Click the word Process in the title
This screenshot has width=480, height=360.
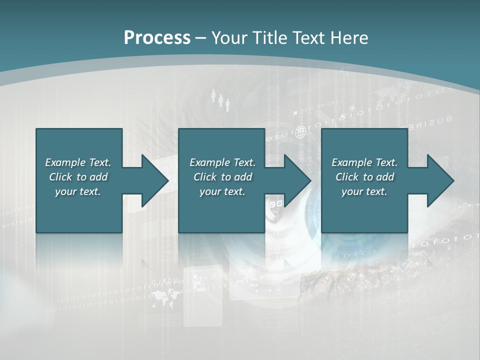click(x=157, y=37)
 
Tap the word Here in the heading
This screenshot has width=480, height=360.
click(x=349, y=37)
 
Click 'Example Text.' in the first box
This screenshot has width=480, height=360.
click(x=78, y=162)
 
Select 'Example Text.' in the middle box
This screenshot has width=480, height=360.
click(x=222, y=162)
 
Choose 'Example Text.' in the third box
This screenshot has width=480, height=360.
click(x=364, y=162)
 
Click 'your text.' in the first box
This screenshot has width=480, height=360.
click(x=78, y=191)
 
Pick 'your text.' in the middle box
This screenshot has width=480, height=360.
click(x=222, y=191)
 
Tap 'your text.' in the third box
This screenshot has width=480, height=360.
click(x=364, y=191)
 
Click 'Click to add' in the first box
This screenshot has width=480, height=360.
click(x=78, y=177)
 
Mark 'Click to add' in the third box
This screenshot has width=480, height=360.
click(x=364, y=177)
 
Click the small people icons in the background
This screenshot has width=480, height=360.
click(x=220, y=99)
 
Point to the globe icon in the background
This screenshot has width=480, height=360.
click(x=300, y=133)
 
